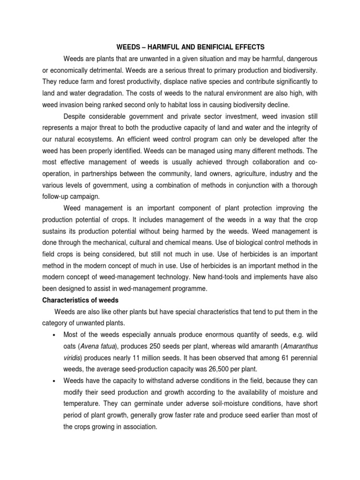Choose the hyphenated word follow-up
58,197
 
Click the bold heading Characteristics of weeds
80,300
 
